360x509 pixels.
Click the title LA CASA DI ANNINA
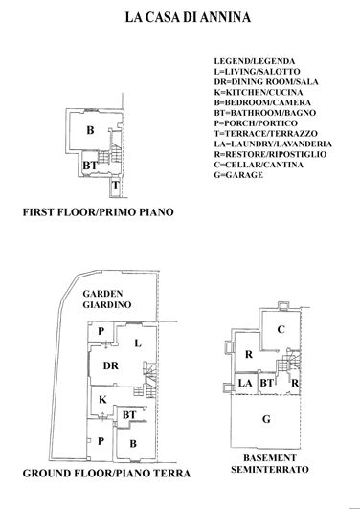pos(180,17)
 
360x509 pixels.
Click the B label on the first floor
pos(90,129)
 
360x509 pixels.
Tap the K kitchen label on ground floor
pos(101,399)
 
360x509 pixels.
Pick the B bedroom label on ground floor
pos(132,445)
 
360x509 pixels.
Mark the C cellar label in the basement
pos(281,330)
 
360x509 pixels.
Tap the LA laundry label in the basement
pos(244,384)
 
